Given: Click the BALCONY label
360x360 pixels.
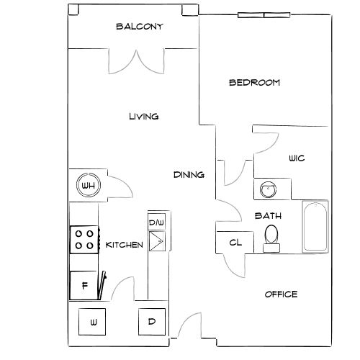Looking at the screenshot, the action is [x=140, y=27].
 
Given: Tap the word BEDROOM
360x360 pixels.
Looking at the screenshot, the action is [x=254, y=83].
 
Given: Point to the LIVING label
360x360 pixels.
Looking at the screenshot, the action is [x=144, y=117].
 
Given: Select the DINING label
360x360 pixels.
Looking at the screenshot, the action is [x=189, y=175].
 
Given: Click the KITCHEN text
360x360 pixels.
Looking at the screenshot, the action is [x=125, y=245].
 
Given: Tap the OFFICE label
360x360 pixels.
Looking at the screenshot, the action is [x=281, y=294].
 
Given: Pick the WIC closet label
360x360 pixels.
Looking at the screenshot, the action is [x=297, y=158].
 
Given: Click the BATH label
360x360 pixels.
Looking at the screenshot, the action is [x=268, y=216].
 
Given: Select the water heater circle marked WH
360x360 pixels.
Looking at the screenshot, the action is [x=89, y=185].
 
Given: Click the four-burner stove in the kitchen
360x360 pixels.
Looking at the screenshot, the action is [x=84, y=240].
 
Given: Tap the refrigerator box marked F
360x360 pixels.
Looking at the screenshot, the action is [x=84, y=286].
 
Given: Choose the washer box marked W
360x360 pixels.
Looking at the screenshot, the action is [x=92, y=322].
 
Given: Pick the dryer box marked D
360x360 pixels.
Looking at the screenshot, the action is [x=152, y=322].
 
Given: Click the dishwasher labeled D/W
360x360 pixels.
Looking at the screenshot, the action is [x=157, y=222].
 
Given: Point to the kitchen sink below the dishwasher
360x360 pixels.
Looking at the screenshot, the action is [x=157, y=241].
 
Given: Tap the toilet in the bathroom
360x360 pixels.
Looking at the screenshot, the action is [x=271, y=238].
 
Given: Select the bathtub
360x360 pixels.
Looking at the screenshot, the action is [x=315, y=227].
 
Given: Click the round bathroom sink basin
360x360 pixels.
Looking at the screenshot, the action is [x=268, y=189].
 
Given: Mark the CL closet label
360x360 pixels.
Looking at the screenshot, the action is [x=235, y=243].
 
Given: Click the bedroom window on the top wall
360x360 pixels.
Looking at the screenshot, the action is [x=264, y=15].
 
